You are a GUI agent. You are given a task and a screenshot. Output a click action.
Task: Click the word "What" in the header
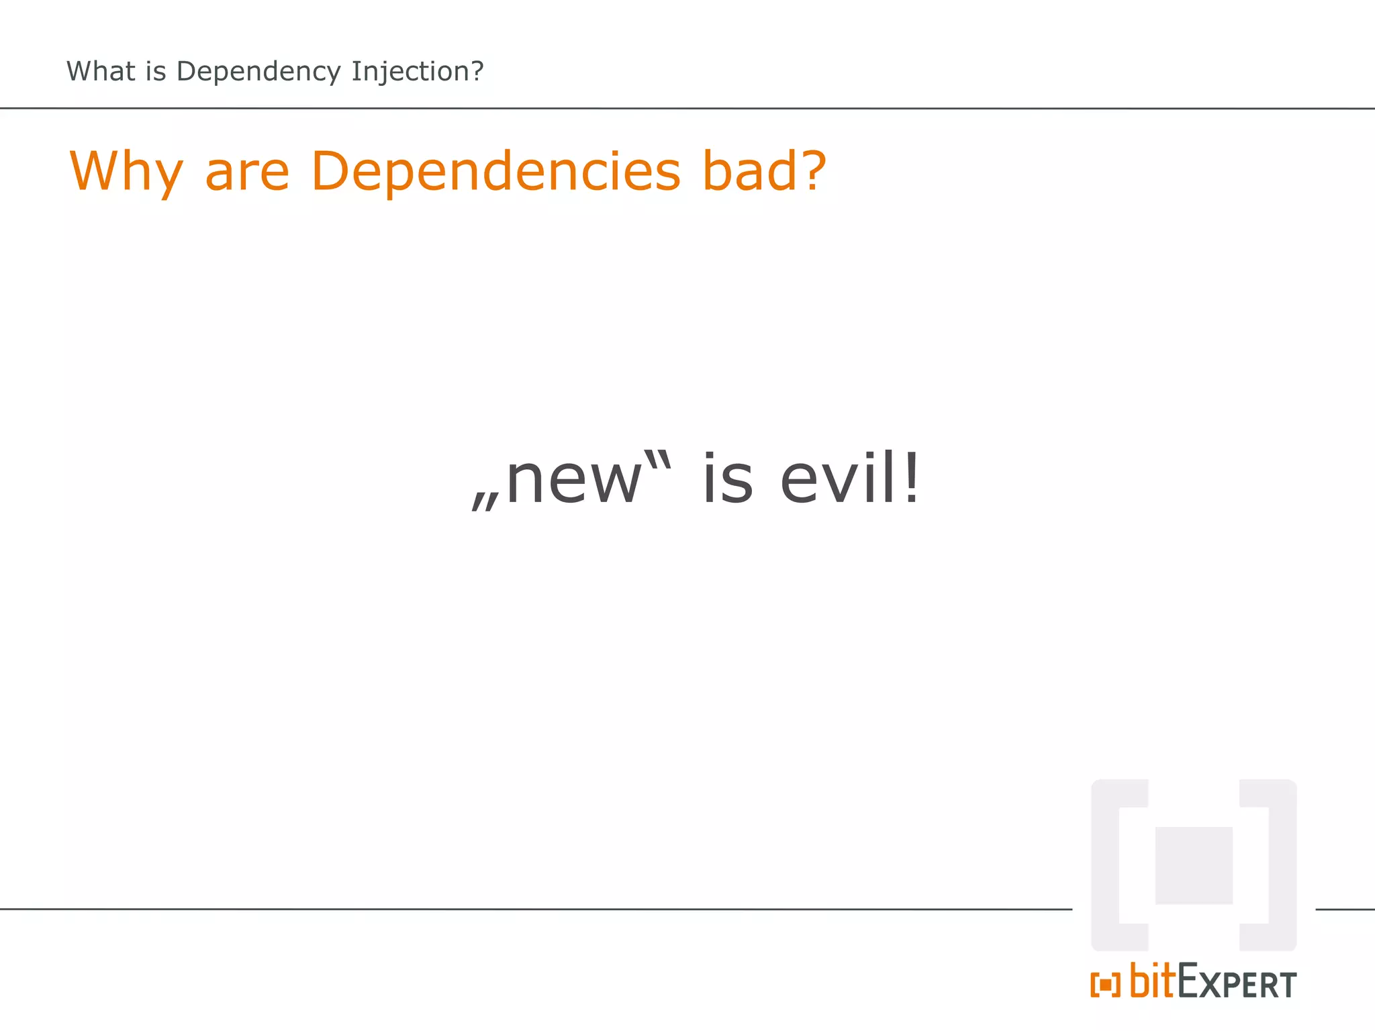coord(101,71)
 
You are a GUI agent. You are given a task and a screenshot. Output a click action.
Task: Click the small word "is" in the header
coord(156,71)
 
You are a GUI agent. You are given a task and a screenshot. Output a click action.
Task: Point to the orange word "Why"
coord(126,172)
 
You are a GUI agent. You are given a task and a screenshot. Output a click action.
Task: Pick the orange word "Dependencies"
coord(496,172)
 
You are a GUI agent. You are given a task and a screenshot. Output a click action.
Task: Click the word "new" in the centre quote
coord(574,480)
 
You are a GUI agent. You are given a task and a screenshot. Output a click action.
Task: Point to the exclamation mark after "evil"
coord(911,478)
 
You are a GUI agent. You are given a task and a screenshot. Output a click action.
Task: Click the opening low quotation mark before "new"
coord(485,501)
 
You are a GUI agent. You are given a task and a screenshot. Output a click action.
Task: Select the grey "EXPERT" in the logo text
coord(1237,983)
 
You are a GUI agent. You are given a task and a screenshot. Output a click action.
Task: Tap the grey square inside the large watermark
coord(1194,866)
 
